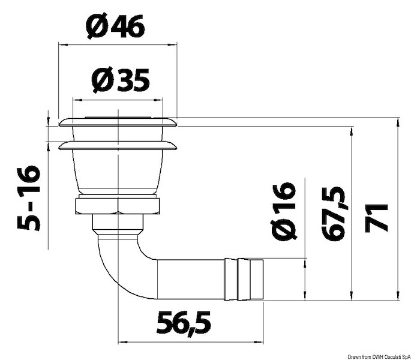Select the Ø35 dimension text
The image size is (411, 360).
pos(121,80)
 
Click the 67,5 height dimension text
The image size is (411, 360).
pos(334,214)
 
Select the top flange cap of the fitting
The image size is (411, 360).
pos(118,123)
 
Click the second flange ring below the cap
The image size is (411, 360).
pos(118,145)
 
